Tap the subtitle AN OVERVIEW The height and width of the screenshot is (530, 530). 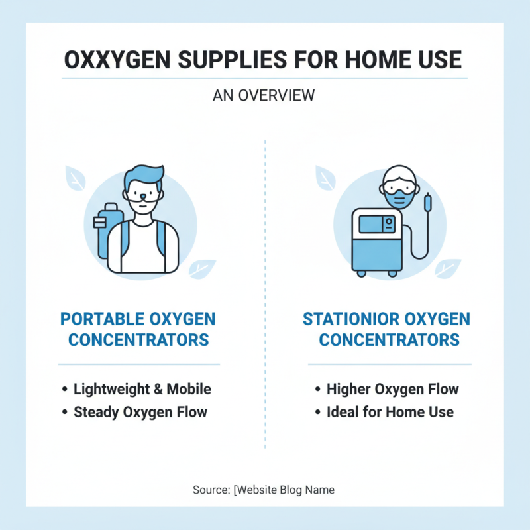(264, 95)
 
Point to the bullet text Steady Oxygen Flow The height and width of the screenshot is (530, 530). (140, 412)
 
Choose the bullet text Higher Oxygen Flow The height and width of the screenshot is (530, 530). (393, 389)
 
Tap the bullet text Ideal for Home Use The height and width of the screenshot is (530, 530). (390, 412)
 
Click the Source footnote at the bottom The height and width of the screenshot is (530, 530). (264, 490)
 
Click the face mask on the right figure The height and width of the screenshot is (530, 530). (400, 197)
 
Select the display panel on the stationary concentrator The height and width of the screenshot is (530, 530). (376, 223)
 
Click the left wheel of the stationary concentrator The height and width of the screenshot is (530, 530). (362, 272)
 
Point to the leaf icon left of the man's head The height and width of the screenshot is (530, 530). (74, 178)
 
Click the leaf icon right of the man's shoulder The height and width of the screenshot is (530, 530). (201, 268)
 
